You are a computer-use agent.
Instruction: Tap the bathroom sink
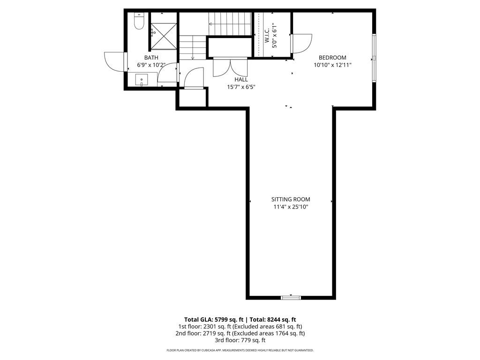(142, 80)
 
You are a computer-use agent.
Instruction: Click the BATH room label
(151, 58)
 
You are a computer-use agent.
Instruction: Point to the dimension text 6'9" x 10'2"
(151, 65)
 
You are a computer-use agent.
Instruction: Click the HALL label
(241, 80)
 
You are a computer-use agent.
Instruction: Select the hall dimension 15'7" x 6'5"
(241, 87)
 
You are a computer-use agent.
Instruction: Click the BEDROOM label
(332, 58)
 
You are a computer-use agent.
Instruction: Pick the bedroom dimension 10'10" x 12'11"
(332, 65)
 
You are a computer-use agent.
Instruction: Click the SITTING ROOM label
(291, 199)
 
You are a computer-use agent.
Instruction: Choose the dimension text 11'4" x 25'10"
(291, 207)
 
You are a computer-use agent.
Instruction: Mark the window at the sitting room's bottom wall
(291, 297)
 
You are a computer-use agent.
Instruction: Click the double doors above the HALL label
(230, 67)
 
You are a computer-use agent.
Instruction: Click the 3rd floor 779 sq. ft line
(240, 340)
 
